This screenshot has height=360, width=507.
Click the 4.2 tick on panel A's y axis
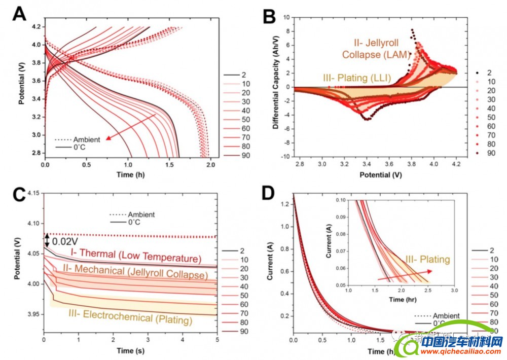[x=37, y=27]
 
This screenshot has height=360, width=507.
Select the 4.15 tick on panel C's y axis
[x=33, y=193]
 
